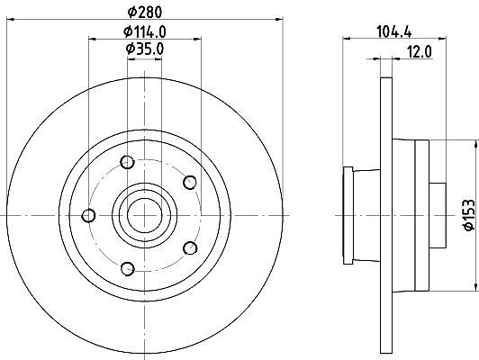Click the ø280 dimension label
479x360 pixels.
click(144, 12)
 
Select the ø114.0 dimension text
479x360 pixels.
click(144, 31)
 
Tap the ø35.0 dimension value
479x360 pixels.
click(145, 49)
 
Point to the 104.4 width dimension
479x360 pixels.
click(394, 31)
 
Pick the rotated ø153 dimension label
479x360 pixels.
click(468, 214)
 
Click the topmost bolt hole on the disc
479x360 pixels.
click(127, 162)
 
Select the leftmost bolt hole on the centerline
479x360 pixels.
click(88, 216)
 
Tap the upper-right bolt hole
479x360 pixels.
click(190, 183)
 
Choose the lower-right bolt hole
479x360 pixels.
click(190, 247)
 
